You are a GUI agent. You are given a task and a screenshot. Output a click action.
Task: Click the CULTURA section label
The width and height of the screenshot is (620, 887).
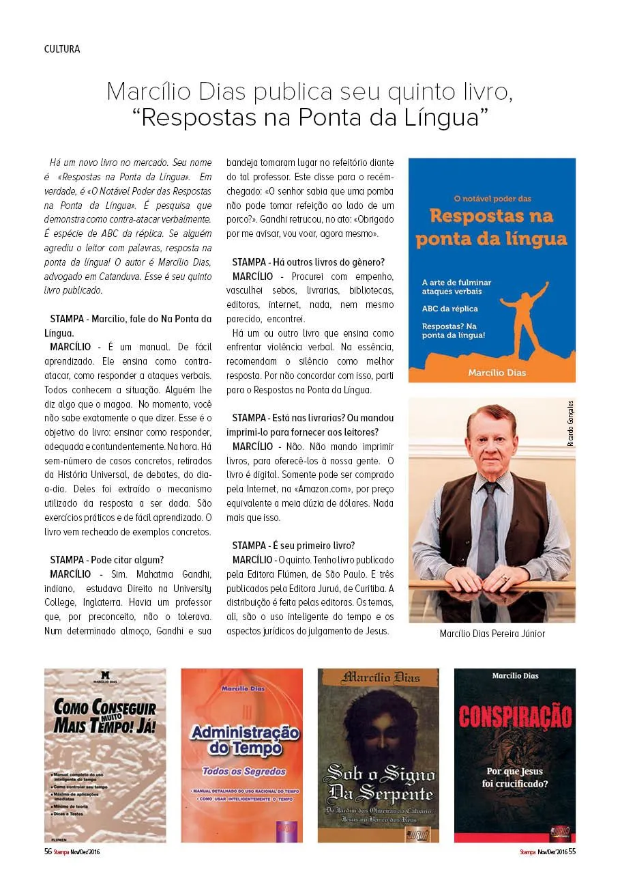point(62,49)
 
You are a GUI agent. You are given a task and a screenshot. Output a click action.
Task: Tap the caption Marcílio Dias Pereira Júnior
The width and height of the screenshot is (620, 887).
point(492,634)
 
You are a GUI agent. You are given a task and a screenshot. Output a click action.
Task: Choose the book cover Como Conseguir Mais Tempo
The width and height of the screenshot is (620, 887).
point(105,755)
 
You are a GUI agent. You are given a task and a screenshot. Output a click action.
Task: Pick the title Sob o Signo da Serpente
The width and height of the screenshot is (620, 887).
point(379,785)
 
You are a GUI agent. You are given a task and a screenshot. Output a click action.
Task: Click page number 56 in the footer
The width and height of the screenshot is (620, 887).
point(48,851)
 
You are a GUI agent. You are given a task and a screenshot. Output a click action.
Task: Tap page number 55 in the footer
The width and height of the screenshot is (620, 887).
point(572,851)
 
